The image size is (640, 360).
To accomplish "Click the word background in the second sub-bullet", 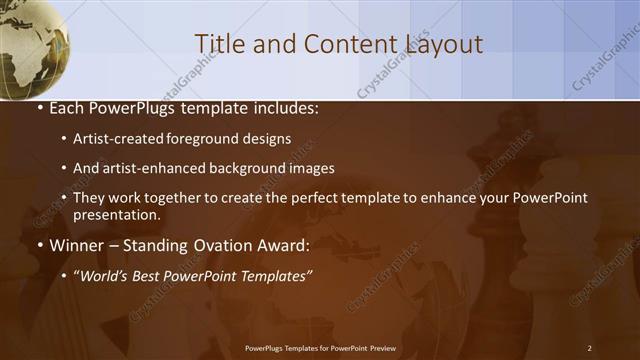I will click(x=259, y=168).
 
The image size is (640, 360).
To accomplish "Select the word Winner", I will click(x=73, y=244).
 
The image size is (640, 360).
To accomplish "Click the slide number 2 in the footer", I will click(x=589, y=348).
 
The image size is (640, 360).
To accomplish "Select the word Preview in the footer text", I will click(x=380, y=348).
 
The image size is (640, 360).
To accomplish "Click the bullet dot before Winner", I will click(x=39, y=245).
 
